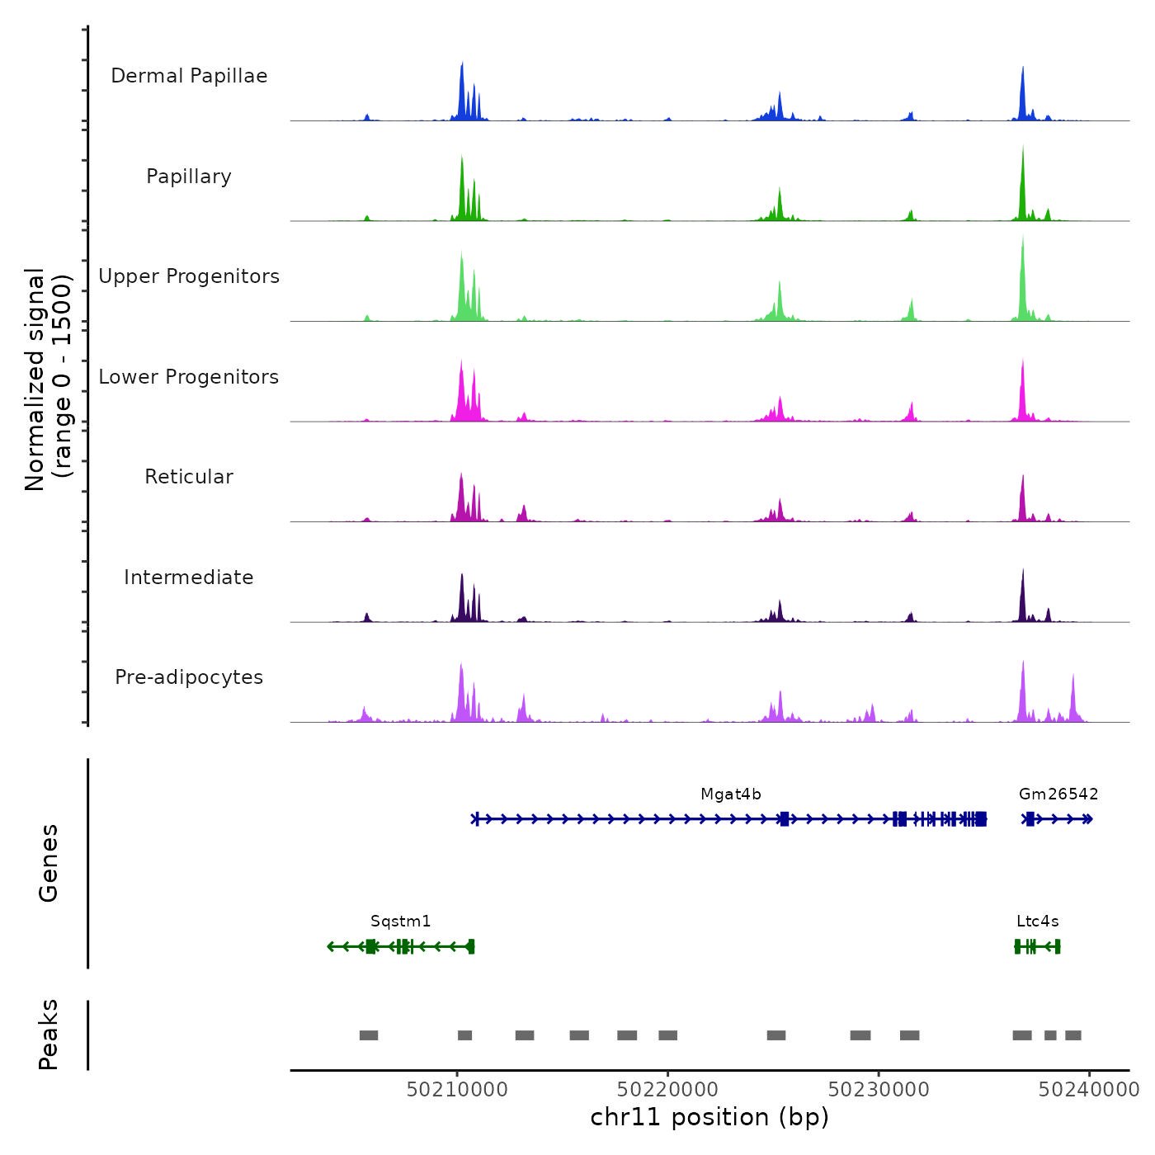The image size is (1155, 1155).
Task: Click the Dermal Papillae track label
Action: [x=189, y=76]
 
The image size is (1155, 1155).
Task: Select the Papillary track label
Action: [x=189, y=177]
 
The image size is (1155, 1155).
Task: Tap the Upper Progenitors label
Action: [x=189, y=276]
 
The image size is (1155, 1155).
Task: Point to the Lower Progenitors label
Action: [x=189, y=377]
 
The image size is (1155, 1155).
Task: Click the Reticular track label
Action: [x=189, y=477]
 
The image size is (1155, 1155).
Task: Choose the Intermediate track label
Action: [x=189, y=577]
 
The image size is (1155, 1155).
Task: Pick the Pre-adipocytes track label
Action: [x=189, y=677]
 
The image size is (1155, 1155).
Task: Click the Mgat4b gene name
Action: [x=731, y=794]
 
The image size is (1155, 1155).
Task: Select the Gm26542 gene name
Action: [x=1058, y=794]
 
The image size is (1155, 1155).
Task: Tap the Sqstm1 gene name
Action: [x=400, y=922]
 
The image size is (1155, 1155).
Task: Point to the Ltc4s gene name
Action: [x=1037, y=922]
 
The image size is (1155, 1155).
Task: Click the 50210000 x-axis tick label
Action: [x=457, y=1090]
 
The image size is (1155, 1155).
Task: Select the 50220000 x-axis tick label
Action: [x=667, y=1090]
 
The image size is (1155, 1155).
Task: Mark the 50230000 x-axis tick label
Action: [x=879, y=1090]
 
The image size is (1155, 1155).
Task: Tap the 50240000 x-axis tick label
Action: [x=1089, y=1090]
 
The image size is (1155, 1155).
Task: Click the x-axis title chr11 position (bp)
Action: [x=709, y=1118]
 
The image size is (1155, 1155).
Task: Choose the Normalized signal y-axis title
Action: [x=48, y=379]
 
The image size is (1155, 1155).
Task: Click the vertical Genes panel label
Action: [x=49, y=863]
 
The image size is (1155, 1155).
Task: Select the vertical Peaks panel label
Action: [x=49, y=1035]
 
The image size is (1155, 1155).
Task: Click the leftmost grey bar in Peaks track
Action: [x=369, y=1035]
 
